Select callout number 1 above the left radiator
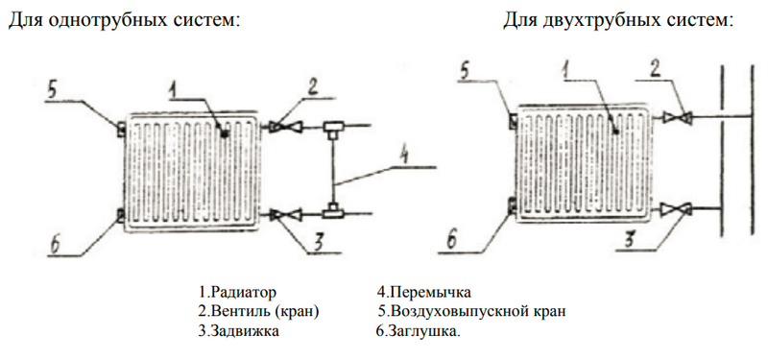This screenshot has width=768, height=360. (174, 90)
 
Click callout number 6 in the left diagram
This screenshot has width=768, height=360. (57, 247)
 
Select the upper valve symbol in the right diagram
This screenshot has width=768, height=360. (681, 118)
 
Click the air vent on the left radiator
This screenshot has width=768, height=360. (119, 127)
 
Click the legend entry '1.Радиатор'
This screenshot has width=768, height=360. (237, 291)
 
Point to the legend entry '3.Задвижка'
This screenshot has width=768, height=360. (237, 331)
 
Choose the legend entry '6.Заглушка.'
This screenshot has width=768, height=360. (418, 331)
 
